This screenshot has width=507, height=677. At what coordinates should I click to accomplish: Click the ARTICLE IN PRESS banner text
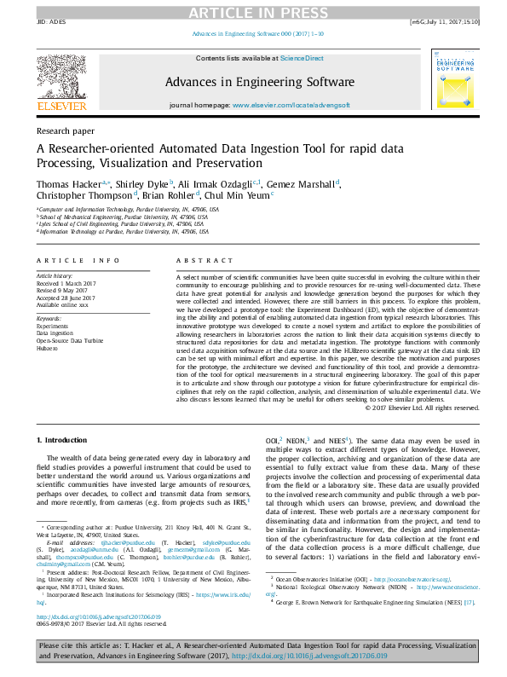[x=253, y=11]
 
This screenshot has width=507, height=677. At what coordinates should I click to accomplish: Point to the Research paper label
[x=65, y=131]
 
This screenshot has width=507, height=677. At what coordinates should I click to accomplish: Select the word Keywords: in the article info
[x=49, y=318]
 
